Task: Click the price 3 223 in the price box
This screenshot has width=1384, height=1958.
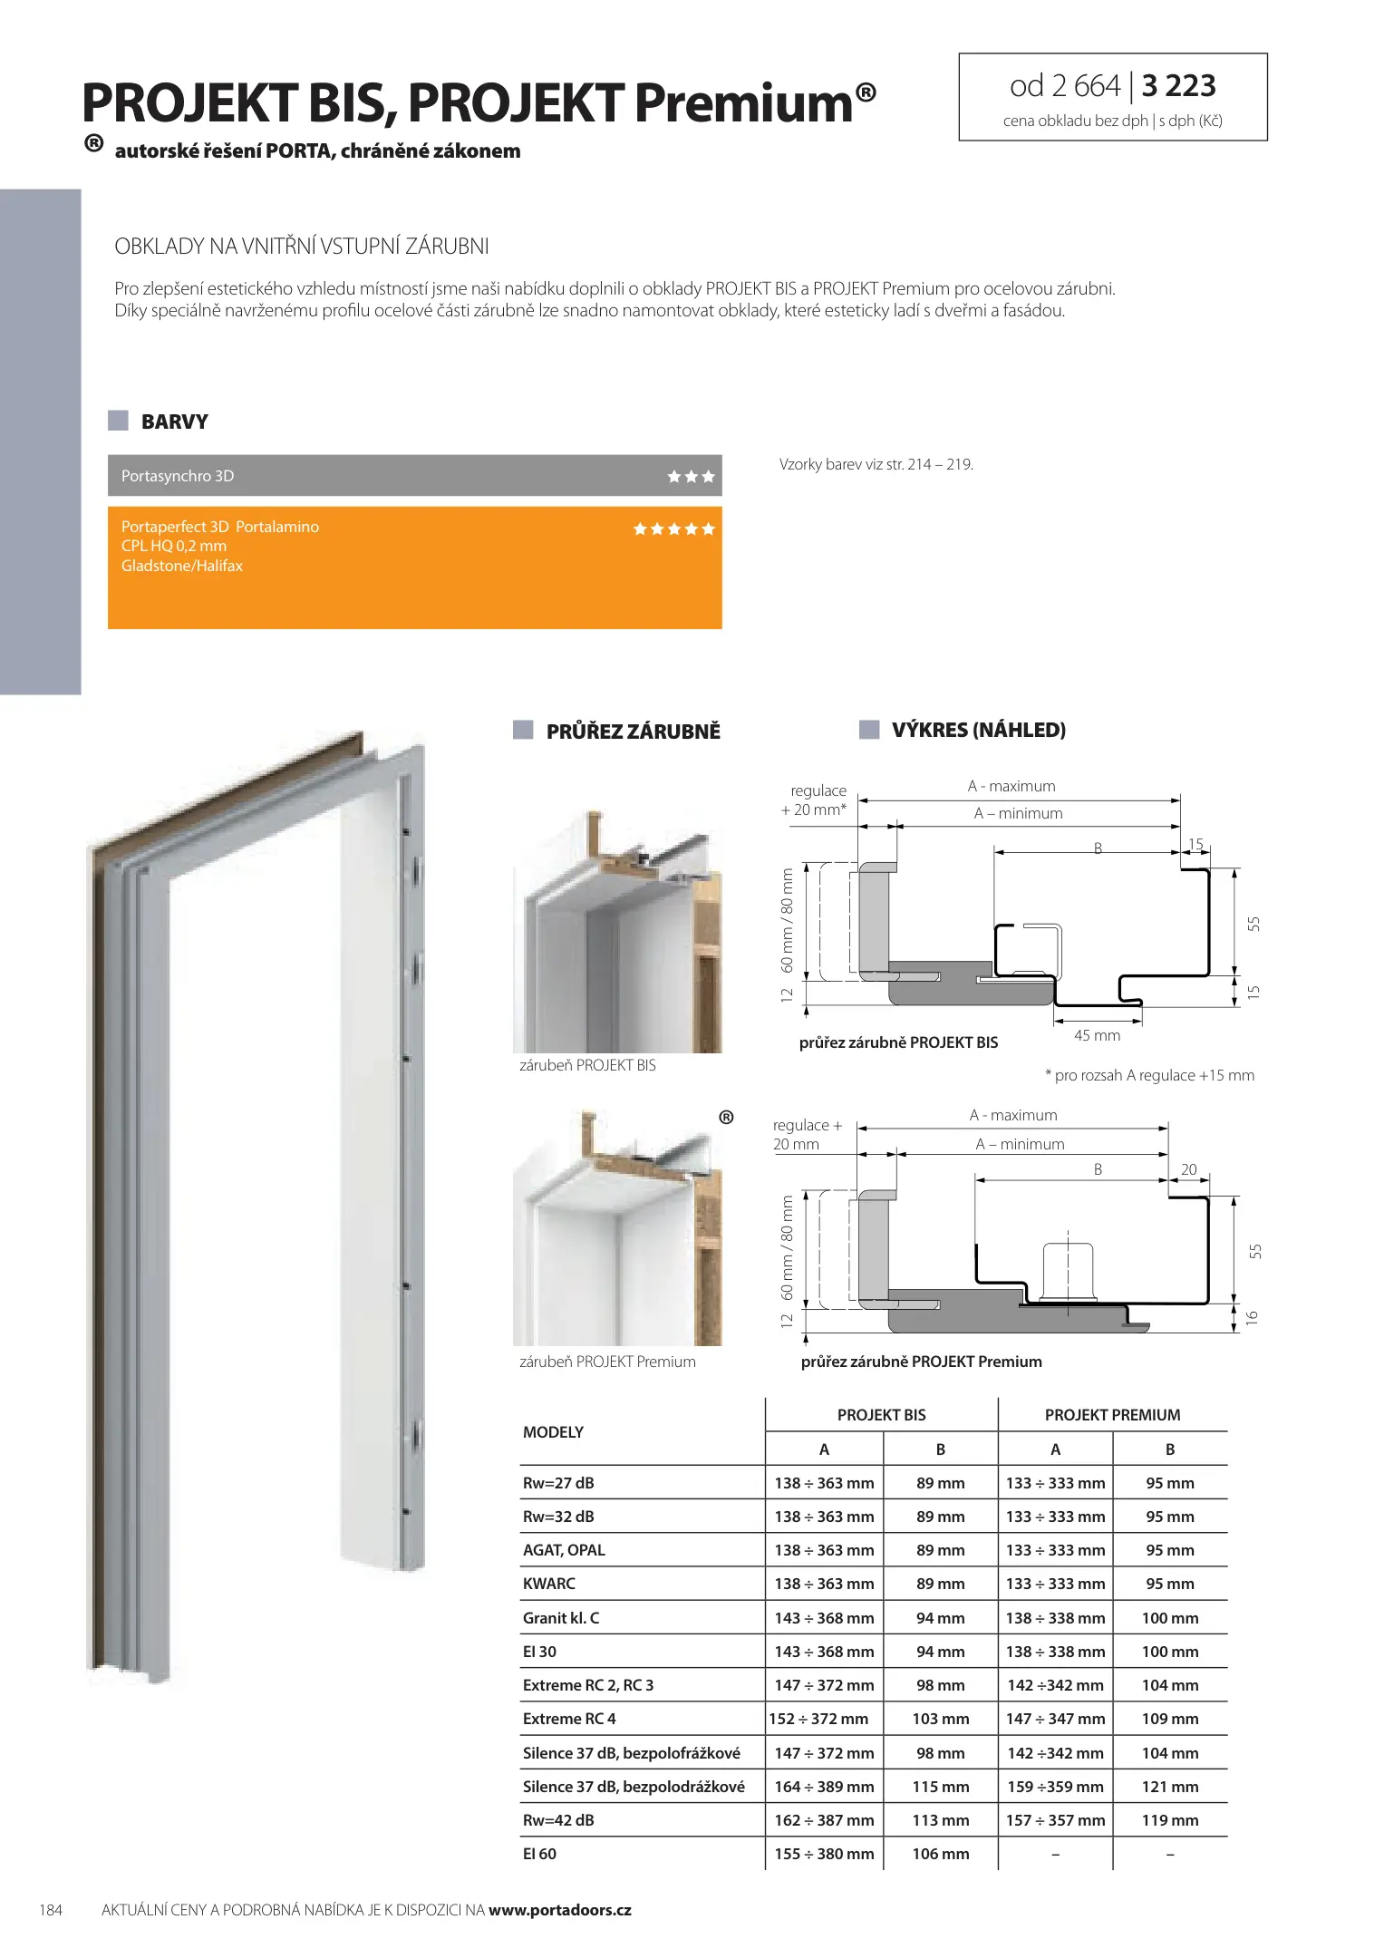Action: [x=1178, y=86]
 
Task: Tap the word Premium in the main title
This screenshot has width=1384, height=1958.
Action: [x=743, y=103]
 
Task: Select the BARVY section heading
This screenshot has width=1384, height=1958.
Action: [x=174, y=422]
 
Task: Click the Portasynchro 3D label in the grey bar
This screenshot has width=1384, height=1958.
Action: [x=178, y=476]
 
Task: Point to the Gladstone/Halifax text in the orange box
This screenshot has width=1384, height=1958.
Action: [x=182, y=566]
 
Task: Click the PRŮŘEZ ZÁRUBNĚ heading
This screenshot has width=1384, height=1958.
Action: [x=633, y=732]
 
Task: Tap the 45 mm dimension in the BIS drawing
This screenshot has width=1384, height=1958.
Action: [x=1097, y=1035]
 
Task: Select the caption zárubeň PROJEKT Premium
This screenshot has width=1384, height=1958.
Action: [x=607, y=1362]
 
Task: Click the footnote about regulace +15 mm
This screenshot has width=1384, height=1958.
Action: [x=1149, y=1075]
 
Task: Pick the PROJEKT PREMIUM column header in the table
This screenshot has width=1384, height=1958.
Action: [x=1112, y=1415]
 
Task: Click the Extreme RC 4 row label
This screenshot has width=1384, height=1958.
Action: [x=569, y=1719]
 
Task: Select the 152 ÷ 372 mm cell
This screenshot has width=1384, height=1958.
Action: [x=818, y=1719]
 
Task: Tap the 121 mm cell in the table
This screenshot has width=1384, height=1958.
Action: [x=1170, y=1787]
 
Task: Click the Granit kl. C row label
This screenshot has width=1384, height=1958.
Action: [x=561, y=1618]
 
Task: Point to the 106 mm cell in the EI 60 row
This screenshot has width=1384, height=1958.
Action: [x=941, y=1854]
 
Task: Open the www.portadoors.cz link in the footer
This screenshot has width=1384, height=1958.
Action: [x=559, y=1910]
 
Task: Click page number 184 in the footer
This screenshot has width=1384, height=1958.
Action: [x=51, y=1910]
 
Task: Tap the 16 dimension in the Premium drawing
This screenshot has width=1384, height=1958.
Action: [x=1253, y=1318]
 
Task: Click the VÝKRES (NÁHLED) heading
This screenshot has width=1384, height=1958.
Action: [x=978, y=730]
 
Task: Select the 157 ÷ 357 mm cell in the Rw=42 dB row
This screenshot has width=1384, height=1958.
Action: [x=1055, y=1820]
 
